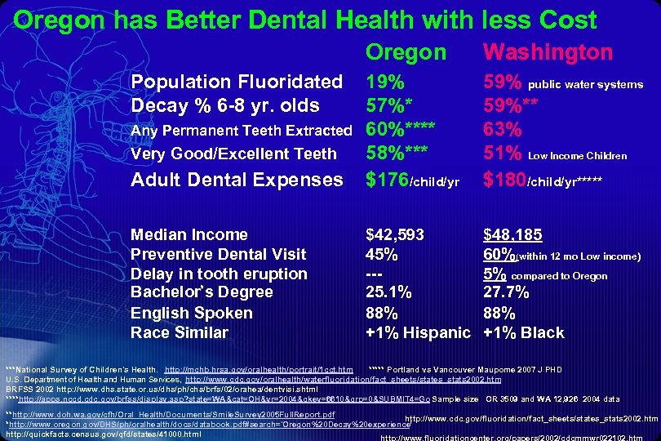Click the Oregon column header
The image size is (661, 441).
click(406, 52)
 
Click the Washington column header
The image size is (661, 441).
click(548, 52)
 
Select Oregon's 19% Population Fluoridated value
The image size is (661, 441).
click(384, 82)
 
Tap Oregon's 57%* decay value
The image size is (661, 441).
click(388, 105)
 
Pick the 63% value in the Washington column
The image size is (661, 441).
click(503, 130)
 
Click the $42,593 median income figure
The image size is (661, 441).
click(395, 235)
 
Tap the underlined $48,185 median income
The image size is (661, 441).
click(512, 235)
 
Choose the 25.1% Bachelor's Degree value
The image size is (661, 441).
click(388, 292)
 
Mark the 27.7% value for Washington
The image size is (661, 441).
click(506, 292)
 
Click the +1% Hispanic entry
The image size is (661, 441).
click(418, 332)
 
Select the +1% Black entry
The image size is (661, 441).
click(524, 332)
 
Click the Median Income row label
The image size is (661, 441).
click(189, 235)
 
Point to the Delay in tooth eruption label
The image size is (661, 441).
click(219, 274)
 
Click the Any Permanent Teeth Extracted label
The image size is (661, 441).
click(242, 131)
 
